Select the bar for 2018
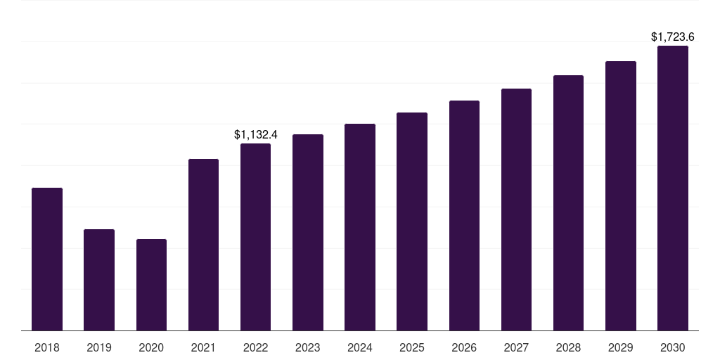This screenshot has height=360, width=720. tap(47, 259)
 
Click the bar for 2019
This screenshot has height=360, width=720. tap(99, 280)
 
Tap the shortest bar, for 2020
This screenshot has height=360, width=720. tap(152, 285)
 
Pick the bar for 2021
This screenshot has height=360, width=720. tap(203, 245)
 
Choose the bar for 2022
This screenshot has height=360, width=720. tap(255, 237)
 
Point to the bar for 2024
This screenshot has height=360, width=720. tap(360, 227)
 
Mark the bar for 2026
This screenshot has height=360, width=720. tap(464, 215)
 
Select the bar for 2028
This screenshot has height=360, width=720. tap(568, 203)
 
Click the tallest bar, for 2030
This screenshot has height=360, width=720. tap(673, 188)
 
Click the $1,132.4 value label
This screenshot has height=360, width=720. tap(256, 134)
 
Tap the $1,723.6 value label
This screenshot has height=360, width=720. tap(673, 37)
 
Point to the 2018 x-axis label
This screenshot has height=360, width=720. tap(47, 347)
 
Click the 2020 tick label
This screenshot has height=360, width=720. tap(151, 347)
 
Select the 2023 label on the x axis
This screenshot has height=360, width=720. tap(308, 347)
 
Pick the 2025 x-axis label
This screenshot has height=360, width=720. tap(412, 347)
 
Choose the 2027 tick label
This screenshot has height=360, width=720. tap(516, 347)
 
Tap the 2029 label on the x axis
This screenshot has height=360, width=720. tap(620, 347)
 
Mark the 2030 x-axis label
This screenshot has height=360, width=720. tap(673, 347)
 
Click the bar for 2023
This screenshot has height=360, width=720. tap(308, 232)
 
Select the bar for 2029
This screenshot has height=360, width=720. tap(621, 196)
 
